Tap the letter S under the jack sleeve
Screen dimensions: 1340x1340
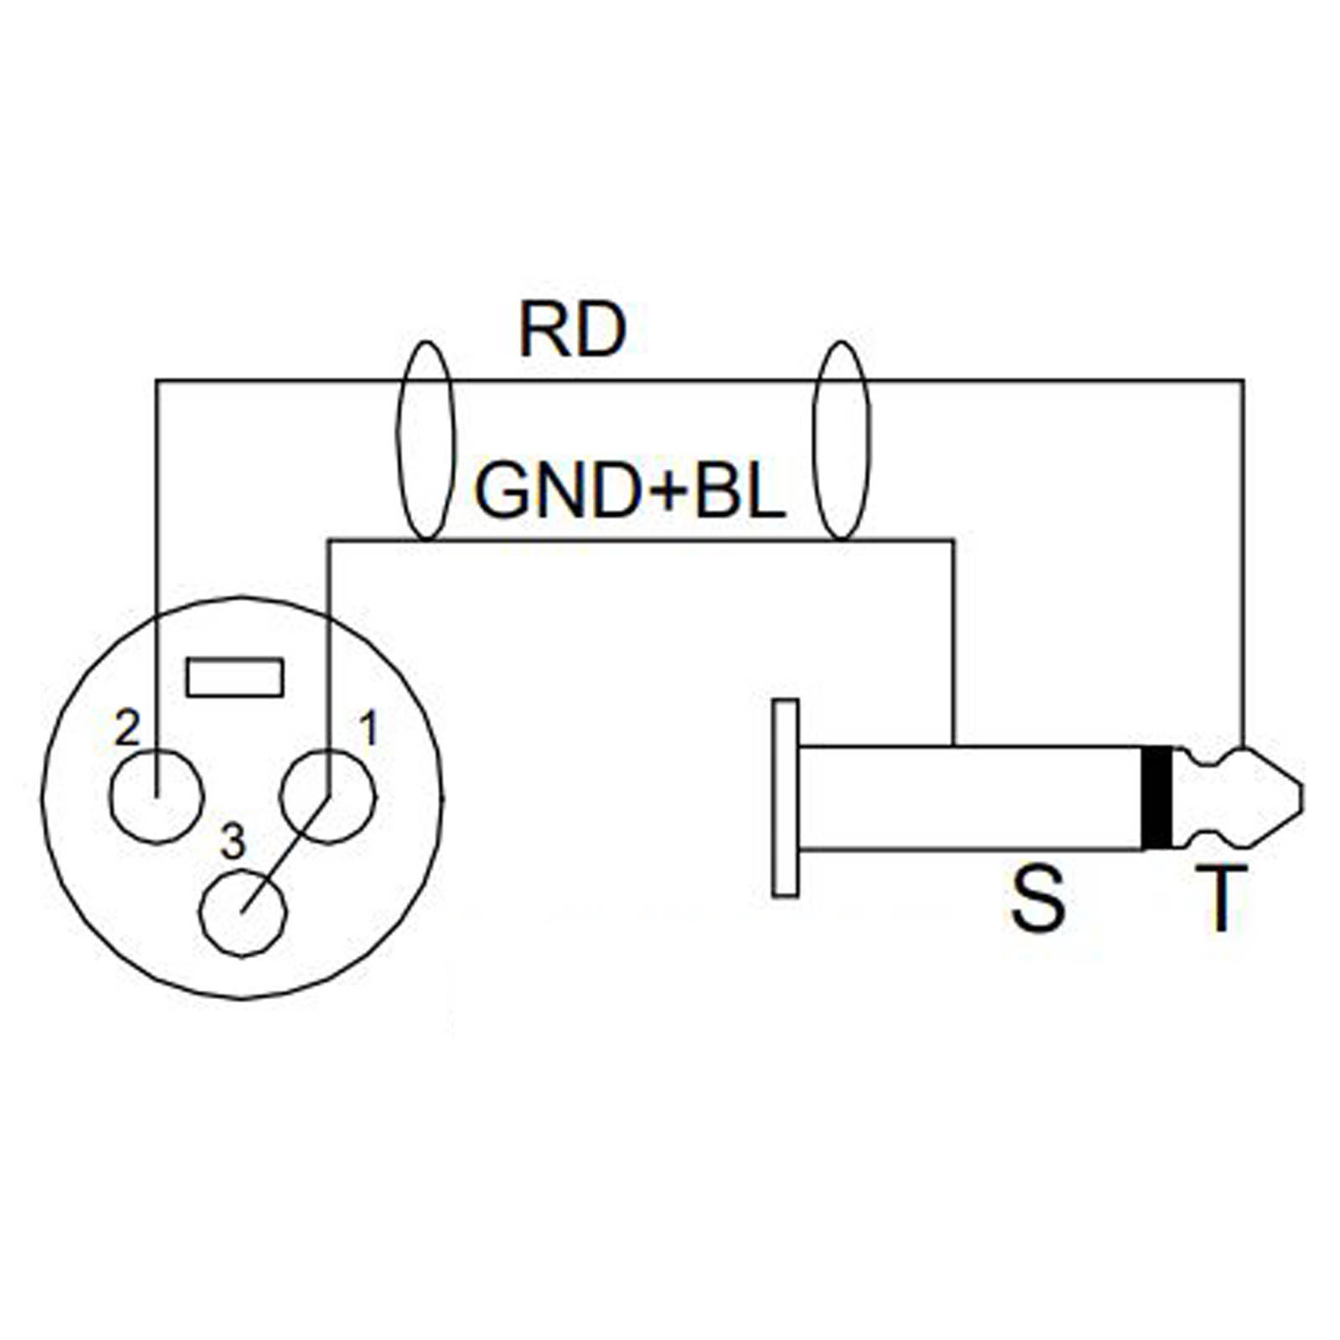pos(1038,900)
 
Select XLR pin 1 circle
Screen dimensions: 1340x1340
pos(328,797)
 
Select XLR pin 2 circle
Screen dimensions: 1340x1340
pos(157,796)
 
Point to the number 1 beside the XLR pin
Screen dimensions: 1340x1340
pos(368,729)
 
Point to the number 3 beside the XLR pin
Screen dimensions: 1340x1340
pos(233,843)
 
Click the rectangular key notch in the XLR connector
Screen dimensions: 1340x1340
pos(234,678)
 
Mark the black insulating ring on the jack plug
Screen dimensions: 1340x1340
pos(1157,796)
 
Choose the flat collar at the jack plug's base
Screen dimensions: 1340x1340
pos(785,797)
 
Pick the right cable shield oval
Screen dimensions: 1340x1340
pos(842,441)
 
